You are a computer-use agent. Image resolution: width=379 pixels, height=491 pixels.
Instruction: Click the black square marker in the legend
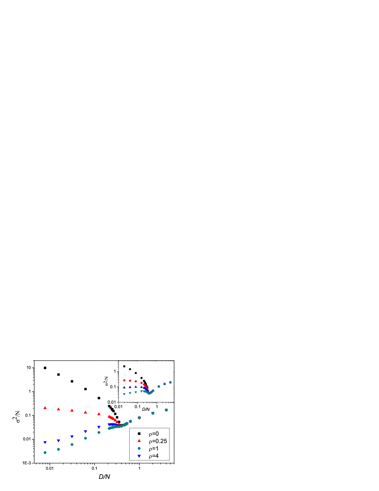tap(139, 434)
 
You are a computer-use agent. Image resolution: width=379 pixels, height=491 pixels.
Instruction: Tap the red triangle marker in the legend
tap(139, 441)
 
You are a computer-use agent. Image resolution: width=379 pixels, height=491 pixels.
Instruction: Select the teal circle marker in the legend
tap(139, 448)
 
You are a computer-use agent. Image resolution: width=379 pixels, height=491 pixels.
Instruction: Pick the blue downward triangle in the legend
tap(139, 456)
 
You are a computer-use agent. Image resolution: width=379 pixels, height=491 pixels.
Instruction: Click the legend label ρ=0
tap(153, 434)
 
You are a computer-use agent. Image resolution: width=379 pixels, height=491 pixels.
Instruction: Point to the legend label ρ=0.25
tap(158, 441)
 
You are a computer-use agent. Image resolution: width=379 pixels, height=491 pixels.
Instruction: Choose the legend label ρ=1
tap(153, 448)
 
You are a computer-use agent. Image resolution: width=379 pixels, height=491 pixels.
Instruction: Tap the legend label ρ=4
tap(153, 456)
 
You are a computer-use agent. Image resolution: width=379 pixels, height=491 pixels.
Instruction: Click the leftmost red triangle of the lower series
tap(45, 408)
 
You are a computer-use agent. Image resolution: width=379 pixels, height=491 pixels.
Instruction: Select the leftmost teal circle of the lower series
tap(45, 452)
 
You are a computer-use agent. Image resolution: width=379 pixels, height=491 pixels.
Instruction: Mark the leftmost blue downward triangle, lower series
tap(45, 442)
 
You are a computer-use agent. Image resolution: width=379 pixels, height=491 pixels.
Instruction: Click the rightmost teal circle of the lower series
tap(166, 410)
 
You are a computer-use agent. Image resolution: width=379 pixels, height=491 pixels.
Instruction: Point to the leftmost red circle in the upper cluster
tap(124, 380)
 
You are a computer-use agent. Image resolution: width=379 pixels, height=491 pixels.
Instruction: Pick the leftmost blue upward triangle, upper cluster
tap(124, 387)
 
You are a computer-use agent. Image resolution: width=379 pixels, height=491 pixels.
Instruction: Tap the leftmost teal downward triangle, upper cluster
tap(124, 394)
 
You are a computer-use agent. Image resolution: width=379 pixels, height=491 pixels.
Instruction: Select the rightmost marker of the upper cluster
tap(170, 382)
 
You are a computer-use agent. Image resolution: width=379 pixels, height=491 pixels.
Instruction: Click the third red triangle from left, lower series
tap(72, 410)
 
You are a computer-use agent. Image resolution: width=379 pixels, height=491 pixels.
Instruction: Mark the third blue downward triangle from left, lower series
tap(72, 436)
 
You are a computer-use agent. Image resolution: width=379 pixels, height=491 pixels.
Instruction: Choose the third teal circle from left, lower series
tap(72, 444)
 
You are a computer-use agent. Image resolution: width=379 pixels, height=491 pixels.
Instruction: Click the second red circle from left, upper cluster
tap(130, 381)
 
